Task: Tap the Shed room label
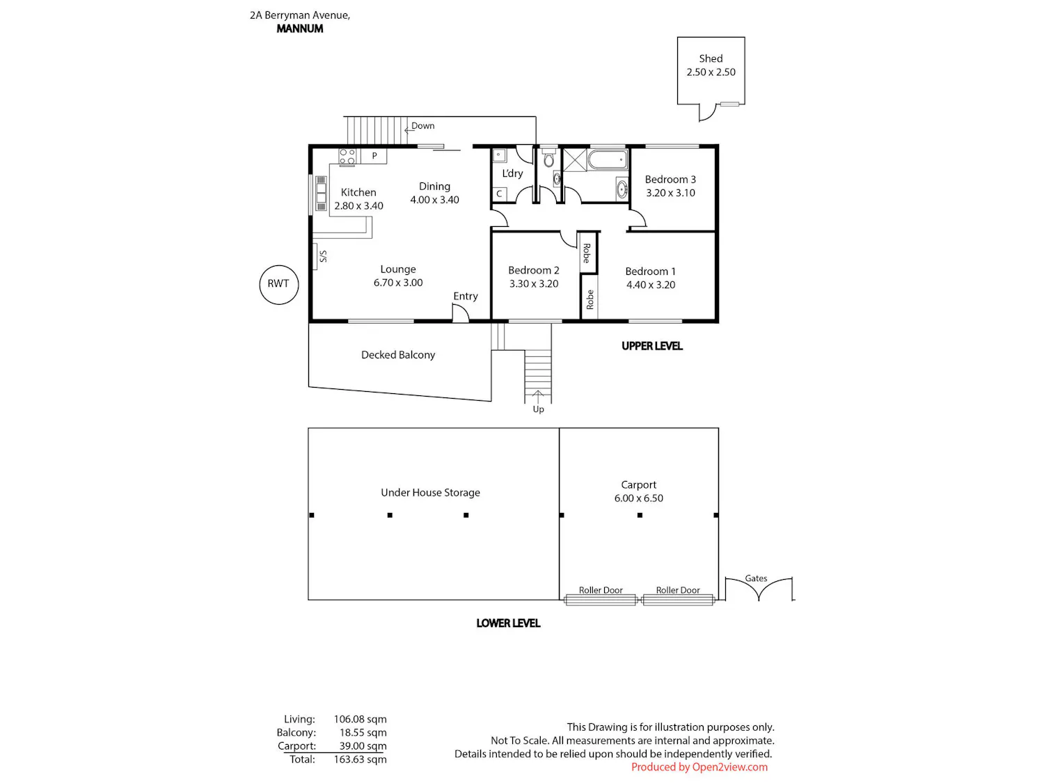click(711, 58)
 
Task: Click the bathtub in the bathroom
click(608, 160)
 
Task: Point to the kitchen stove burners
click(347, 157)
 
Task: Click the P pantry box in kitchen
click(374, 156)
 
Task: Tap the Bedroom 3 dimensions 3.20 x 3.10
click(670, 193)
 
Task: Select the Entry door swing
click(461, 313)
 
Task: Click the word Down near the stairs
click(423, 126)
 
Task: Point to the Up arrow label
click(538, 409)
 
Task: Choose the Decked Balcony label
click(398, 355)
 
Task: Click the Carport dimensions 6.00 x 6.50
click(638, 498)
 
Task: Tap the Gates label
click(756, 578)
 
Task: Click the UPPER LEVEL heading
click(651, 346)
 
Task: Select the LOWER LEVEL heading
click(508, 623)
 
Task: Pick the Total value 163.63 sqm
click(360, 759)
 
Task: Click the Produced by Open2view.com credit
click(699, 767)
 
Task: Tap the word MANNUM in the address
click(300, 29)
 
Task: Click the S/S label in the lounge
click(324, 256)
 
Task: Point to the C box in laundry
click(499, 194)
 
